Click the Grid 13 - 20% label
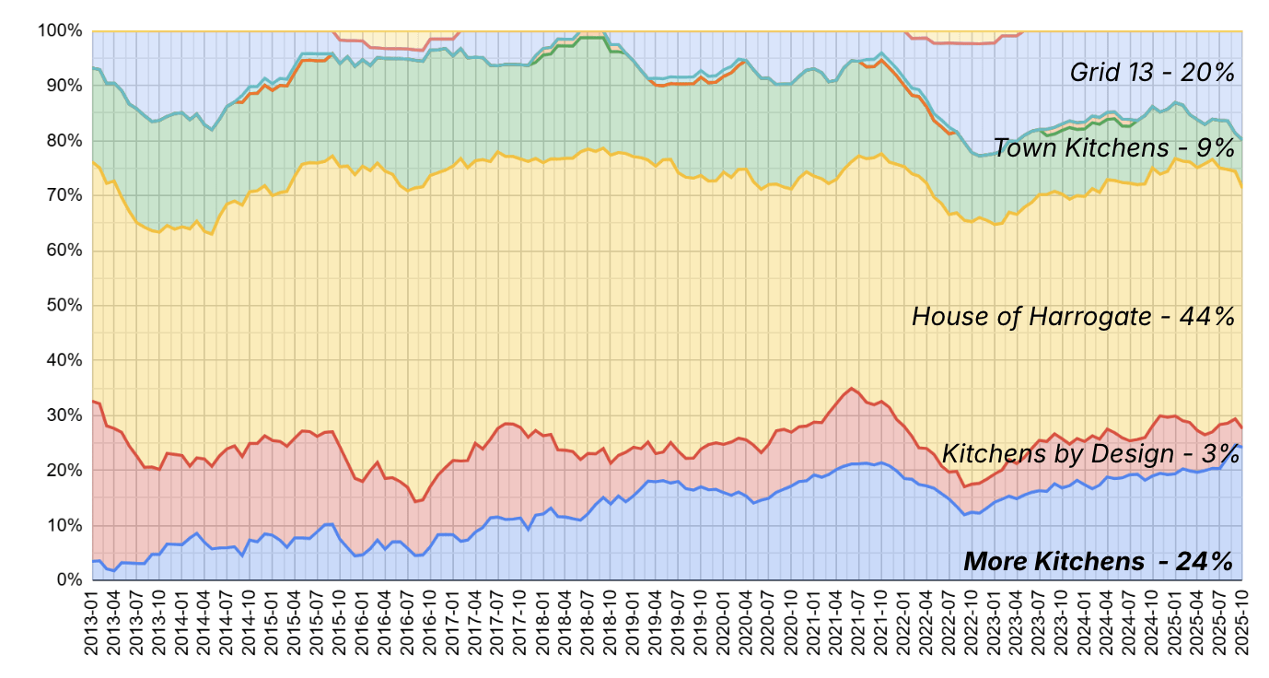coord(1151,73)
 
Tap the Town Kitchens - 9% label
coord(1112,147)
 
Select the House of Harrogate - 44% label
coord(1072,317)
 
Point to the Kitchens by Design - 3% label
coord(1087,453)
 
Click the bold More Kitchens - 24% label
coord(1097,561)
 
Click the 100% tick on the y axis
coord(61,31)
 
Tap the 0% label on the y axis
coord(68,580)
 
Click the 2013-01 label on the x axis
coord(93,623)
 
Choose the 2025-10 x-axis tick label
coord(1242,623)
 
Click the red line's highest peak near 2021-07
coord(852,388)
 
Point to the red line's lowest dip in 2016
coord(415,501)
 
